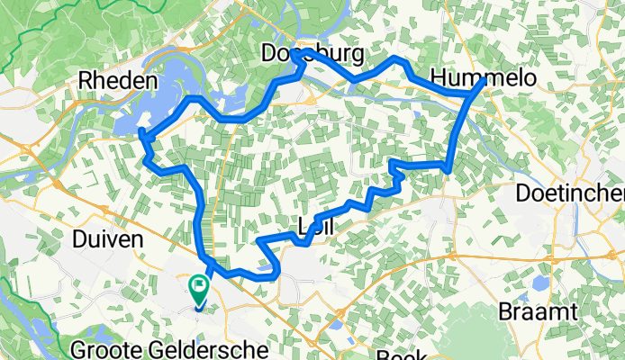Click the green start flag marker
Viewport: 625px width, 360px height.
click(x=198, y=288)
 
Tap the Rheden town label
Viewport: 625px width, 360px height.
click(x=119, y=80)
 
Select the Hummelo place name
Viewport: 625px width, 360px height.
click(x=484, y=78)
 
